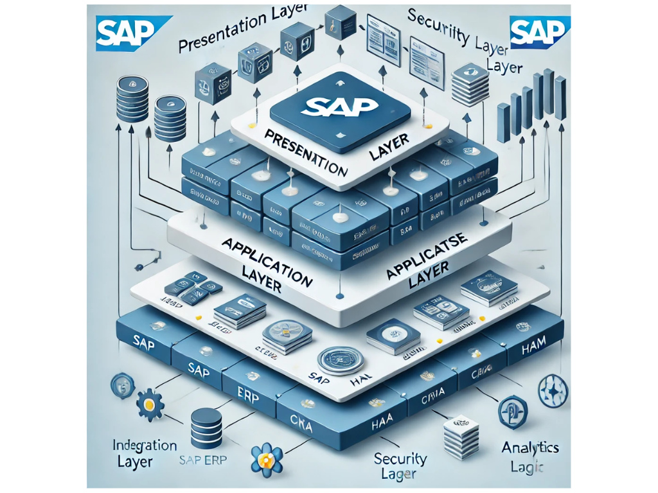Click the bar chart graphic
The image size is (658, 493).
(x=532, y=104)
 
